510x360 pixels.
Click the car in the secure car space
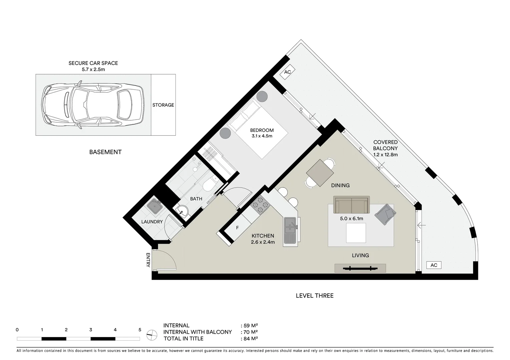(x=93, y=105)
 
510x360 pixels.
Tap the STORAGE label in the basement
(x=163, y=105)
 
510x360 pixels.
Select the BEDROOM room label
(x=262, y=130)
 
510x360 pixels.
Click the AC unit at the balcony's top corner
(x=288, y=72)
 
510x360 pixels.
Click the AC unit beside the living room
(x=434, y=265)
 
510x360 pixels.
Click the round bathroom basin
(x=182, y=210)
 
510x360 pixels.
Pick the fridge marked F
(x=237, y=228)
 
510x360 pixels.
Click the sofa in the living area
(x=351, y=205)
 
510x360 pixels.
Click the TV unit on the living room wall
(x=360, y=268)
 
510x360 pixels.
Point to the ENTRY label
(x=148, y=260)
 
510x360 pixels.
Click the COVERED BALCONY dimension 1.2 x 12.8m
(x=385, y=155)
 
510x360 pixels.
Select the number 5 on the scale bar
(x=140, y=330)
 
